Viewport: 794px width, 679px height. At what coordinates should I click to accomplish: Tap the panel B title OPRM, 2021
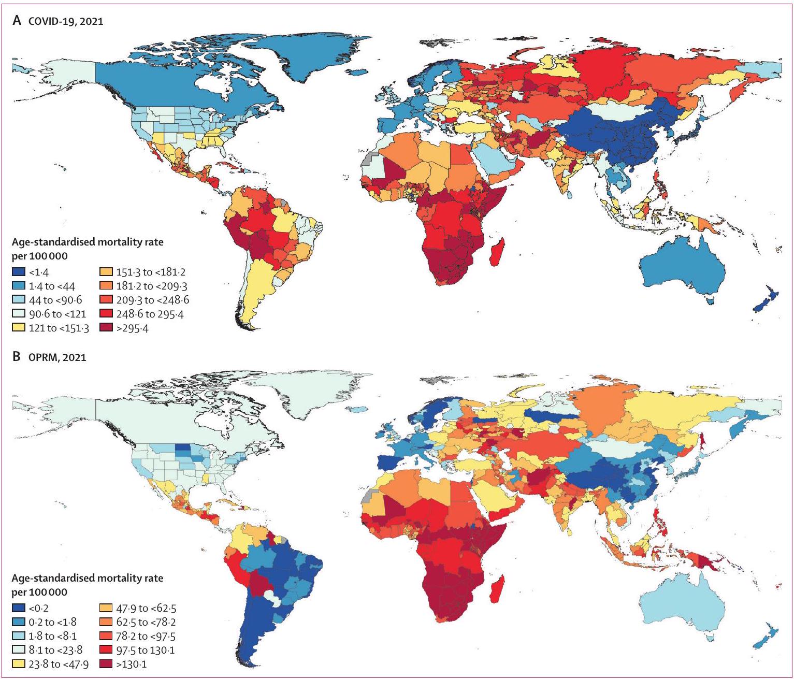(x=57, y=357)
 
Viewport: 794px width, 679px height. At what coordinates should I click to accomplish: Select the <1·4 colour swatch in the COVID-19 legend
(x=19, y=271)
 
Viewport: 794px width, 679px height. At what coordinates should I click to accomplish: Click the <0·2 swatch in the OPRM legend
(x=19, y=608)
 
